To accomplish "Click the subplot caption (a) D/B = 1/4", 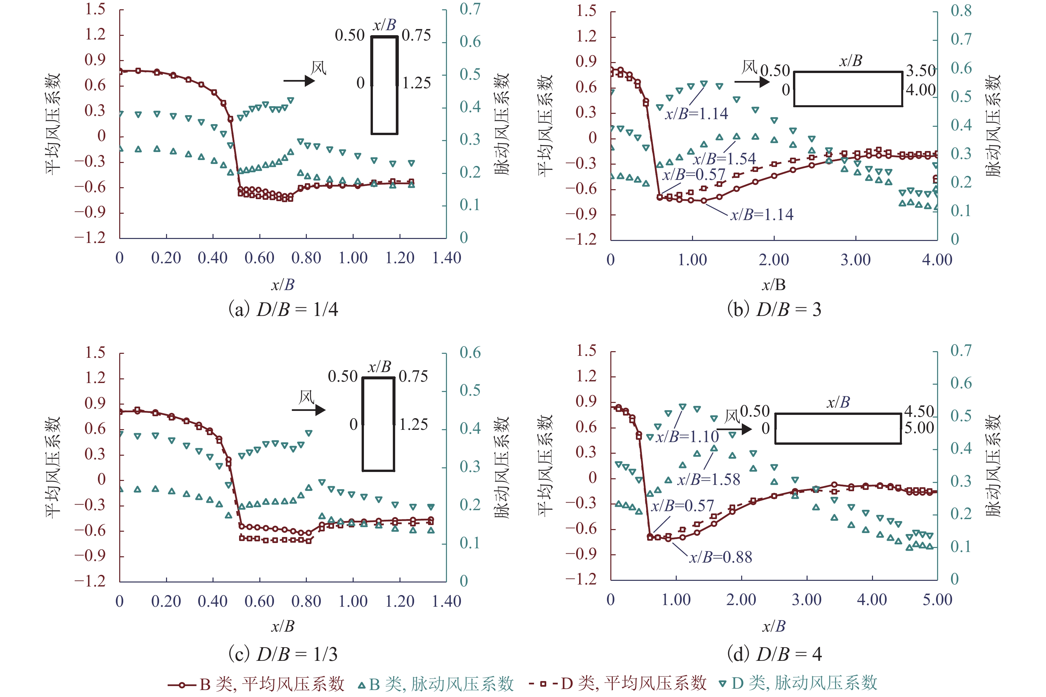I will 283,309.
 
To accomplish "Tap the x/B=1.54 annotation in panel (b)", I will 724,159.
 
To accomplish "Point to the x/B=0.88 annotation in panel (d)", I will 721,557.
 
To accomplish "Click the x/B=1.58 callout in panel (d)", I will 708,480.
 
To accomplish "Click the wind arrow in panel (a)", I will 299,81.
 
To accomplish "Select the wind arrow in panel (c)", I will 308,410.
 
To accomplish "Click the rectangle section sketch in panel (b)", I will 848,89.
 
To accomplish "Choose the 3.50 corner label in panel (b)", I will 920,71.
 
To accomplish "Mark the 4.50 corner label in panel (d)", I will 919,411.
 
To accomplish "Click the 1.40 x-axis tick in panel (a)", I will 447,258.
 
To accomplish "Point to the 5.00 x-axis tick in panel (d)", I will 937,600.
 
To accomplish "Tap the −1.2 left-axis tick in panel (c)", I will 90,581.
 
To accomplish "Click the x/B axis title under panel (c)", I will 283,626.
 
